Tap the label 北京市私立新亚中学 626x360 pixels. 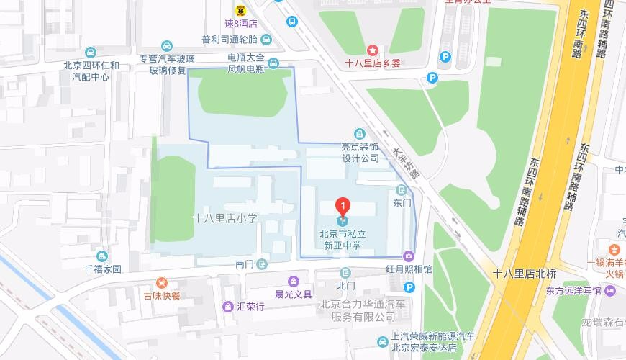(343, 238)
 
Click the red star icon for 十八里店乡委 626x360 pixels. (373, 50)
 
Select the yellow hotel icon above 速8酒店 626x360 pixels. (240, 10)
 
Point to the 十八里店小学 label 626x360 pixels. (225, 217)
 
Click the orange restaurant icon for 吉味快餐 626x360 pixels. (161, 282)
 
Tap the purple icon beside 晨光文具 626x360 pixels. (293, 281)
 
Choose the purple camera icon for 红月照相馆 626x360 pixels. (409, 256)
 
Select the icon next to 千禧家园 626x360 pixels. (103, 256)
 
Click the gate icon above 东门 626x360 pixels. (402, 190)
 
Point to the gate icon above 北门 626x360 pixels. (345, 272)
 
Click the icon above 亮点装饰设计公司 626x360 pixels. (359, 133)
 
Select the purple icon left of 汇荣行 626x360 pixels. (227, 306)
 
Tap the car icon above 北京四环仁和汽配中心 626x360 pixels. (91, 53)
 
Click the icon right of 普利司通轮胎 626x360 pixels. (266, 40)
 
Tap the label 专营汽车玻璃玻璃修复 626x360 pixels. (167, 66)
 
